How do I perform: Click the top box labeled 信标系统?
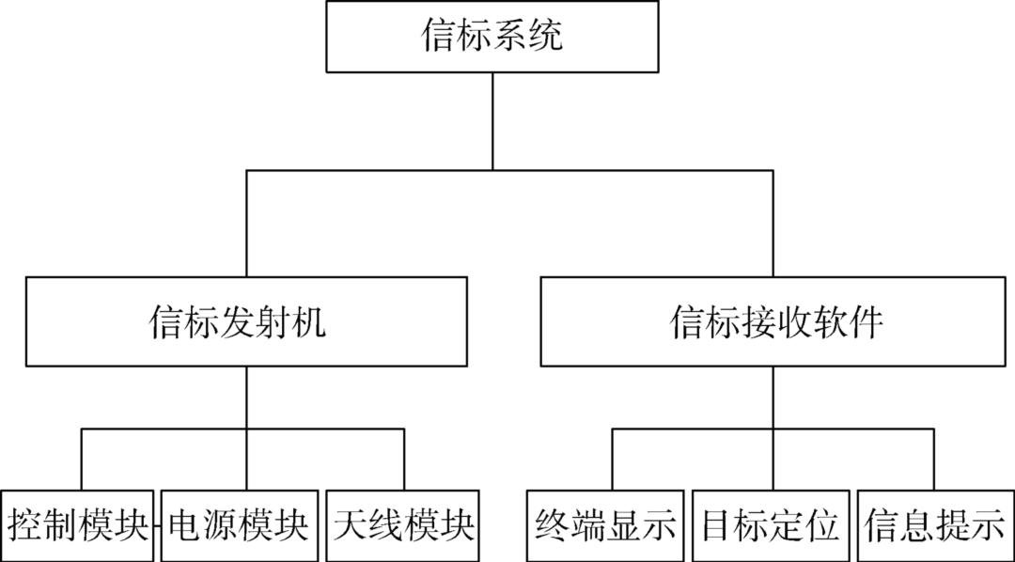[x=492, y=38]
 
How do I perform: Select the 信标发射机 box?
[x=246, y=321]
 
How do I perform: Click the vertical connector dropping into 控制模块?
[x=82, y=460]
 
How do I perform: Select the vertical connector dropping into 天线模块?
[x=404, y=460]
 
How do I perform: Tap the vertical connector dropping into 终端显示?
[x=613, y=460]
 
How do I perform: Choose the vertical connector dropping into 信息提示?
[x=935, y=460]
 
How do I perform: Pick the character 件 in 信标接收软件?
[x=866, y=322]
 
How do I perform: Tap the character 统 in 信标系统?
[x=546, y=38]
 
